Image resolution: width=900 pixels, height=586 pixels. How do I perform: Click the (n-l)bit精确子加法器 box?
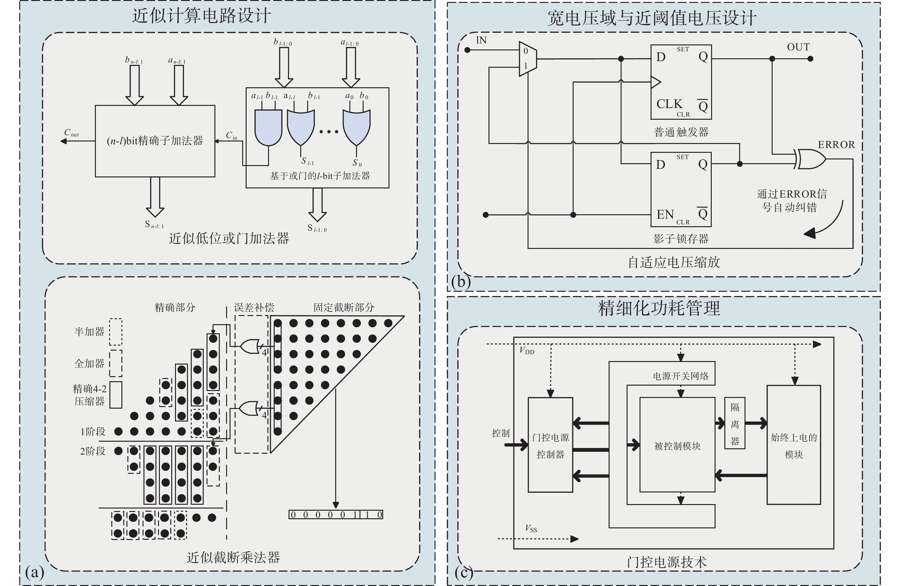tap(155, 141)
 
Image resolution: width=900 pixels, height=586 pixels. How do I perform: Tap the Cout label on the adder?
tap(71, 133)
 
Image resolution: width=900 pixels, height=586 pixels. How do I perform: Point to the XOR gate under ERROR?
tap(811, 159)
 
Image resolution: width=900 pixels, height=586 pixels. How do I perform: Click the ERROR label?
tap(836, 145)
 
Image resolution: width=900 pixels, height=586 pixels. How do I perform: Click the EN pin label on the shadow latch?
tap(665, 215)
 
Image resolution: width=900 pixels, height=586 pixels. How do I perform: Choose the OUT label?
tap(798, 47)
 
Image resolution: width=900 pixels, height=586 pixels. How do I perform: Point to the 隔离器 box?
tap(735, 423)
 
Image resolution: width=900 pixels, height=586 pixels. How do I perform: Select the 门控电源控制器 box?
tap(550, 445)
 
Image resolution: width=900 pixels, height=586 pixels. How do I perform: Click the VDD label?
tap(526, 351)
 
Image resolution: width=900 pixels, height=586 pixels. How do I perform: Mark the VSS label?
tap(530, 528)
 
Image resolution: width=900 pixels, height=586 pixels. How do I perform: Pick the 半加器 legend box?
tap(116, 332)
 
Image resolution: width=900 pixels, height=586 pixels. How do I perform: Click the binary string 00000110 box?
tap(336, 514)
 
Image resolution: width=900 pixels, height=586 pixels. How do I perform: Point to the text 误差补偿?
tap(254, 307)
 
